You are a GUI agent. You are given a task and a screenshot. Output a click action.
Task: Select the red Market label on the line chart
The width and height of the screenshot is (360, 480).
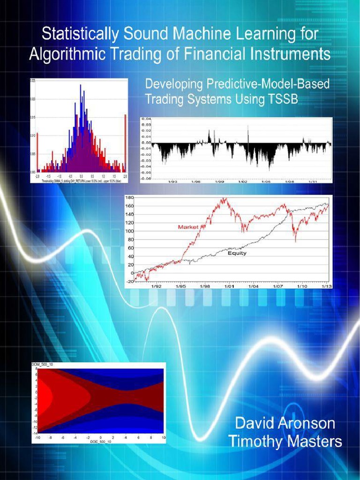click(188, 227)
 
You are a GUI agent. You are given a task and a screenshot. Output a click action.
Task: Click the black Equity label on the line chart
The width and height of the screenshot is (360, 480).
click(237, 253)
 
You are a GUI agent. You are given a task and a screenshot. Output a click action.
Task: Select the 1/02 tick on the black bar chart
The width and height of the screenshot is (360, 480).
click(242, 180)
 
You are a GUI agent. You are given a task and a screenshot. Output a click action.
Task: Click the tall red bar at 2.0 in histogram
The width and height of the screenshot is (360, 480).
click(125, 143)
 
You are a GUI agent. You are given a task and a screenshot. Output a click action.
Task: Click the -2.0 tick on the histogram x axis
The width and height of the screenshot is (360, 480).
click(38, 176)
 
